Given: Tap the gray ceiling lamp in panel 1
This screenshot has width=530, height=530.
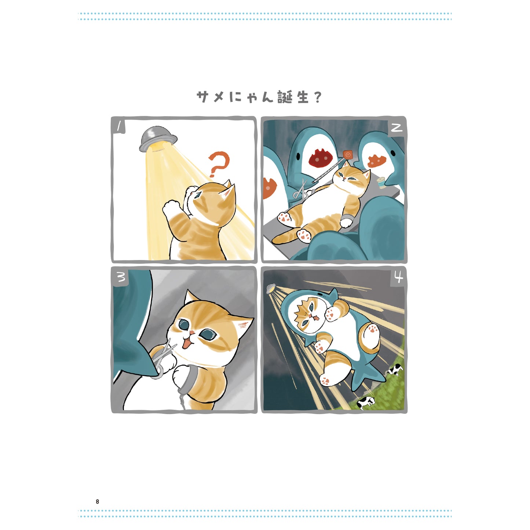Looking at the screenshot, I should pos(158,139).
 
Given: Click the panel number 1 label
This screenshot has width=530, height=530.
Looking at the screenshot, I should pos(119,127).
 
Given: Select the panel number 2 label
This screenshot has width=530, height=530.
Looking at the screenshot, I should pos(396,127).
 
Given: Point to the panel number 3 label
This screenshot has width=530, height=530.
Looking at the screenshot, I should pos(121,277).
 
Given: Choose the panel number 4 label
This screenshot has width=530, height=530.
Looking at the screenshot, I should pos(398,277).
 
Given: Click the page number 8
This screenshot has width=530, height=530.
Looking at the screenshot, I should pos(97,501).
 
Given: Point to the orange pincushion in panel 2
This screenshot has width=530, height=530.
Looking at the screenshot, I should pos(347,155).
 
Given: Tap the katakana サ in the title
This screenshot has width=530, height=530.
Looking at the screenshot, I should pos(204,97).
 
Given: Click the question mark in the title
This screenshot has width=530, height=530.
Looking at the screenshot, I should pos(318,98).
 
